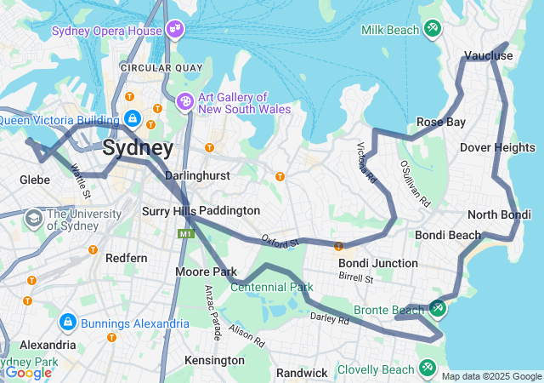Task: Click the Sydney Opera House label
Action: [x=106, y=31]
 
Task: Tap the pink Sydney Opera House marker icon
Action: [x=175, y=30]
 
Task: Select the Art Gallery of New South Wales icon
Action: [x=184, y=102]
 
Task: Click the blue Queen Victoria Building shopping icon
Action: [x=132, y=118]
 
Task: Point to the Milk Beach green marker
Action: [x=433, y=30]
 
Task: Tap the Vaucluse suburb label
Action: [x=489, y=56]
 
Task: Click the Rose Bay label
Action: [x=440, y=123]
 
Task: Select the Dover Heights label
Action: [x=497, y=147]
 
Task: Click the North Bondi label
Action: [x=498, y=214]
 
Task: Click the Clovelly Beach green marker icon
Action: [x=427, y=368]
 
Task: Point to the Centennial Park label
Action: [x=271, y=287]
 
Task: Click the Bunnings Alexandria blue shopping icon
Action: [x=68, y=323]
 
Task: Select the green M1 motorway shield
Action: [x=185, y=233]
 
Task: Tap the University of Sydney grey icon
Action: [x=33, y=218]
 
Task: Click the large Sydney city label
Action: [x=138, y=148]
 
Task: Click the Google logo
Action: [x=29, y=372]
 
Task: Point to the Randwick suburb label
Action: [x=302, y=373]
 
